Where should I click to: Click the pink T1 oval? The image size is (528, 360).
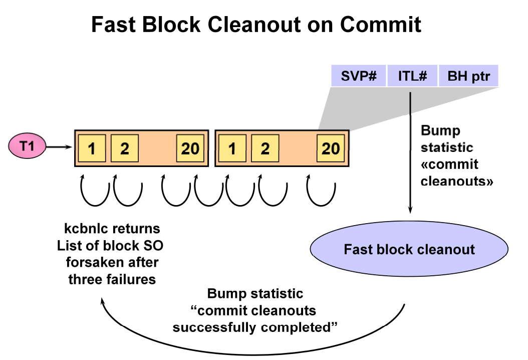tap(27, 146)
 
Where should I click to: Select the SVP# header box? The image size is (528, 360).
tap(358, 76)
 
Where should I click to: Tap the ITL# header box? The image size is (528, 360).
tap(412, 76)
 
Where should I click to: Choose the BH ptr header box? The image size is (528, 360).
tap(468, 76)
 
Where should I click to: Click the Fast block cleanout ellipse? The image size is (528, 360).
tap(409, 249)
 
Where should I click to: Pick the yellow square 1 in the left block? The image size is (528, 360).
tap(92, 148)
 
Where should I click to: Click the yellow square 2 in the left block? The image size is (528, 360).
tap(125, 148)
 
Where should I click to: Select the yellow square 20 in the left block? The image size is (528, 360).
tap(190, 148)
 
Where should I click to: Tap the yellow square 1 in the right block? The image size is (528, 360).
tap(232, 148)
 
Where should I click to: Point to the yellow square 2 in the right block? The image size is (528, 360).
tap(265, 148)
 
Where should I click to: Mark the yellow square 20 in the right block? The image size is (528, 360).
tap(331, 148)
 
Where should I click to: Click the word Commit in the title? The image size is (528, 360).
tap(381, 24)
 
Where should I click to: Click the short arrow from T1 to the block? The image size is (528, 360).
tap(59, 147)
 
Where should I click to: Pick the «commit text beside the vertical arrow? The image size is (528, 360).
tap(449, 164)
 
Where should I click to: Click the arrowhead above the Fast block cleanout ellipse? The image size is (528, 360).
tap(410, 209)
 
